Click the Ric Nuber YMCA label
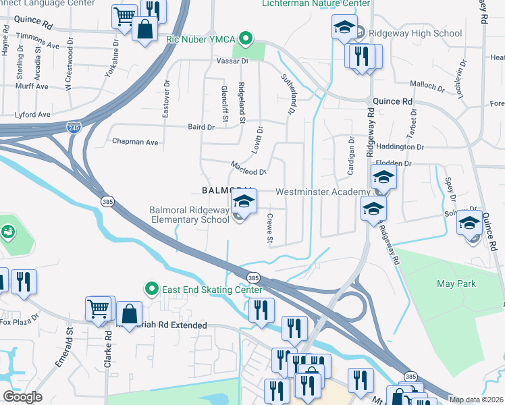pos(202,39)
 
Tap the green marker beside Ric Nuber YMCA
pos(246,39)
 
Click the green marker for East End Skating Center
pos(153,290)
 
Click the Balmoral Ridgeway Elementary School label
pos(190,215)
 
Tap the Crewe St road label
pos(269,229)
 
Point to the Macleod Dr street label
pos(248,167)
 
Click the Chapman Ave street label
pos(135,142)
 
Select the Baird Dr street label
pos(201,127)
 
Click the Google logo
pos(22,397)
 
